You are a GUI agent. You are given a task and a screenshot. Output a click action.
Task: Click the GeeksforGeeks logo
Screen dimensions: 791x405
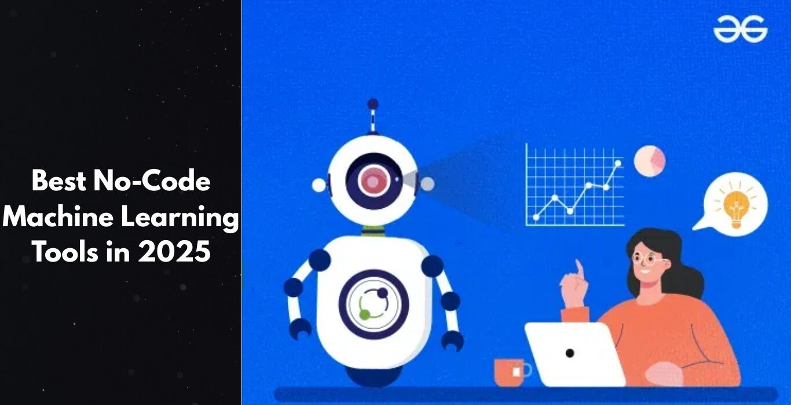click(741, 30)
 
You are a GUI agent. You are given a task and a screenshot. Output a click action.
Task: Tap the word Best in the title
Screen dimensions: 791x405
click(59, 181)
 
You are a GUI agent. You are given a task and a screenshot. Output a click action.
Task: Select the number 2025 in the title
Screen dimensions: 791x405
click(174, 252)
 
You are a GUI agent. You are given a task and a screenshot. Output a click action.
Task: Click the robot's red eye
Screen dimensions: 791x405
click(373, 181)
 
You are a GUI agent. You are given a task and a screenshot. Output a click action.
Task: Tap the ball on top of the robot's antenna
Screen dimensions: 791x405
click(373, 104)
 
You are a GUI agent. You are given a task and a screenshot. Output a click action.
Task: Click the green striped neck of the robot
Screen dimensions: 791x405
click(373, 231)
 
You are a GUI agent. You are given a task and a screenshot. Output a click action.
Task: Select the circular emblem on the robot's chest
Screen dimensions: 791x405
click(373, 304)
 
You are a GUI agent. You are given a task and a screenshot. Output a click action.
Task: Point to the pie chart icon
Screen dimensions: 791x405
click(650, 161)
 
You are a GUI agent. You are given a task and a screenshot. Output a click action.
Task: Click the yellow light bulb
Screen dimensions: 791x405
click(737, 208)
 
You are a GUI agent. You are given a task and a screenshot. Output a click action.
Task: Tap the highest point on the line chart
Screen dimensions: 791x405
click(618, 163)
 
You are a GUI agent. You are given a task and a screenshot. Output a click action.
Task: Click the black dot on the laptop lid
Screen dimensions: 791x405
click(570, 353)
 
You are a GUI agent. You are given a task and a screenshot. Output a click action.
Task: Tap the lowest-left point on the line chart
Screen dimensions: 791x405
click(536, 218)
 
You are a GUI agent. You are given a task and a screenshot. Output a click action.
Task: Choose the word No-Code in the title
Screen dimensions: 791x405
click(152, 181)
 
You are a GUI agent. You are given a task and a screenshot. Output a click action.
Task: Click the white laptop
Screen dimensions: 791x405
click(574, 355)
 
